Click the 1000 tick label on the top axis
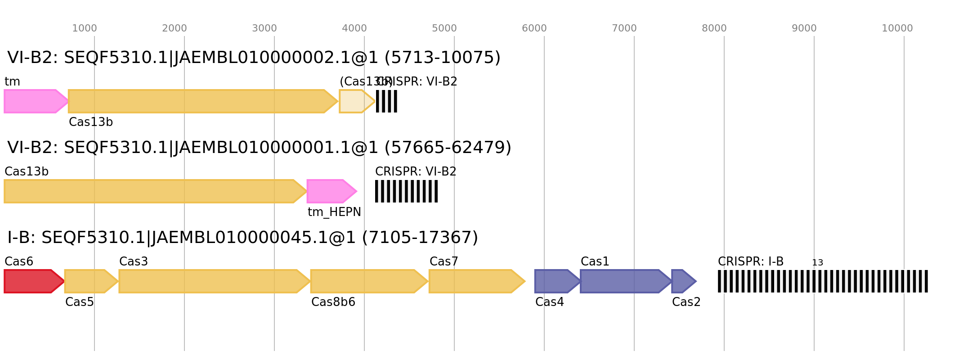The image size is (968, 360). (85, 28)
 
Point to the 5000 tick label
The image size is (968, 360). (444, 28)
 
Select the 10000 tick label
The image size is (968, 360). (897, 28)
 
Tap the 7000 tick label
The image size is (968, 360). (624, 28)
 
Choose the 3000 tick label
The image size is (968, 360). (264, 28)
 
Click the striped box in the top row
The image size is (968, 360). (386, 101)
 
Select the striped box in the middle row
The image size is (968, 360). (406, 191)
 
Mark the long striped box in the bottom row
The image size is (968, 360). (823, 281)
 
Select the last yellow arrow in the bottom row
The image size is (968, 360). (475, 281)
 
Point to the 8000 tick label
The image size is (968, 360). (714, 28)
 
